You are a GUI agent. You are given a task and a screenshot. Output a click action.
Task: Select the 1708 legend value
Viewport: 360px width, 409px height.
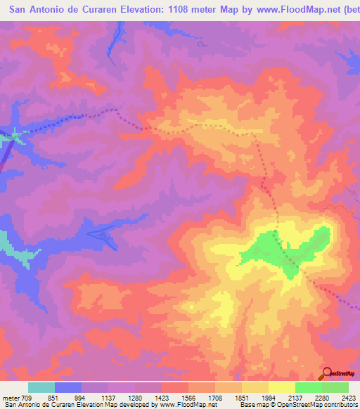point(215,397)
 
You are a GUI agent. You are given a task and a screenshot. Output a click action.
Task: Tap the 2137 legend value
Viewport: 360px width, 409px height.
point(295,397)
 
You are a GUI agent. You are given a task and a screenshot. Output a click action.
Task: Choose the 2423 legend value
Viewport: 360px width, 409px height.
point(349,397)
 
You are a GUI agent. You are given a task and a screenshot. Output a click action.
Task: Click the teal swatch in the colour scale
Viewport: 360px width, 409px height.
point(41,387)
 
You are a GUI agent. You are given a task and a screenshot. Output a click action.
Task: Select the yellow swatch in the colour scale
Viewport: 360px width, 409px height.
point(281,387)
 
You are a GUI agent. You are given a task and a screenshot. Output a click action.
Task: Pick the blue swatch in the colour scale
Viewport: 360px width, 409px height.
point(68,387)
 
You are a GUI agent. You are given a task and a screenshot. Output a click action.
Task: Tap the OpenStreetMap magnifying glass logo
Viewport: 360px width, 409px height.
point(327,372)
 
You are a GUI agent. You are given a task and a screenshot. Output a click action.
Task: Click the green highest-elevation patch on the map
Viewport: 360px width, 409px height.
point(285,253)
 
